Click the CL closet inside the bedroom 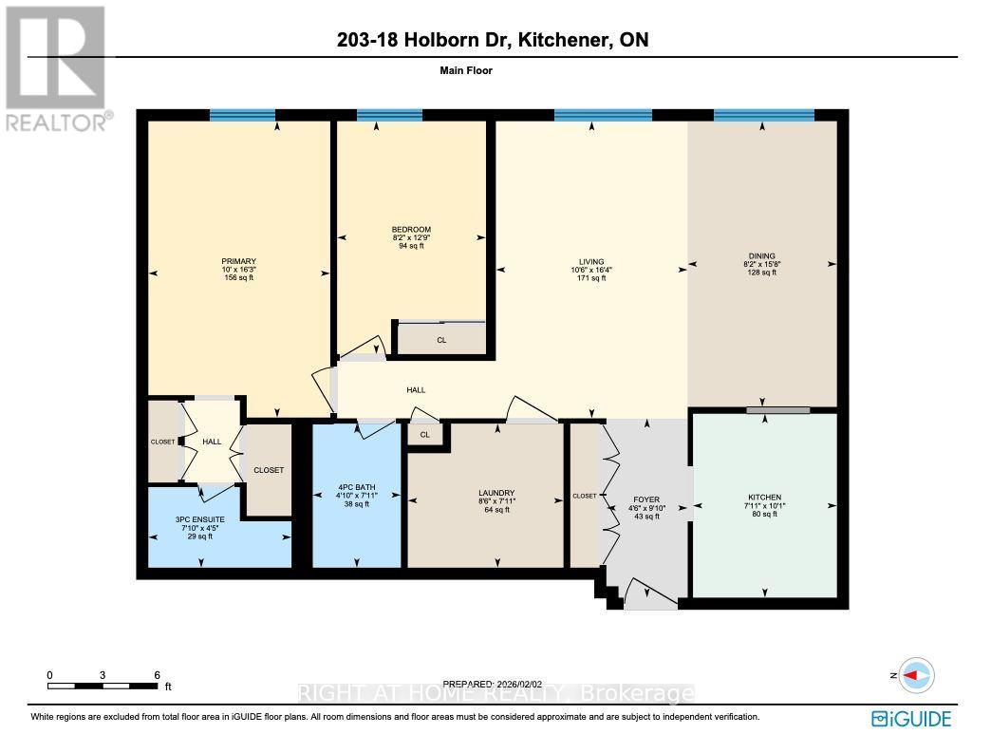(x=441, y=340)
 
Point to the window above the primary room (x=242, y=116)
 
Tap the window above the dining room (x=764, y=116)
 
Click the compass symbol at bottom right (x=916, y=675)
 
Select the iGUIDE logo (x=911, y=719)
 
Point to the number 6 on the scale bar (x=158, y=675)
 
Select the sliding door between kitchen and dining (x=777, y=410)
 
